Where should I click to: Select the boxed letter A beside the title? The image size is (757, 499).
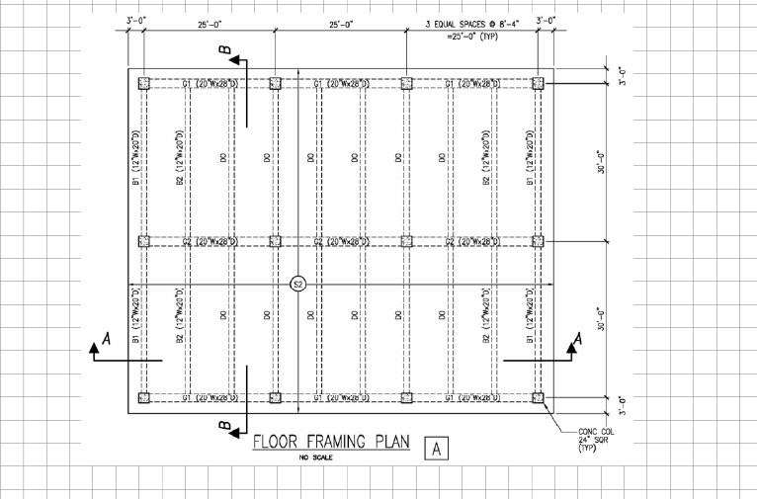(x=436, y=449)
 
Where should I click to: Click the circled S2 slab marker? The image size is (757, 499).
(x=298, y=285)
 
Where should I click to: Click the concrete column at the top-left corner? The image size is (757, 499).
(x=145, y=84)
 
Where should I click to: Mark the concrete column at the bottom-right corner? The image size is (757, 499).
(x=538, y=398)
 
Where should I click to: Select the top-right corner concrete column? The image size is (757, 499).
(x=538, y=84)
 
